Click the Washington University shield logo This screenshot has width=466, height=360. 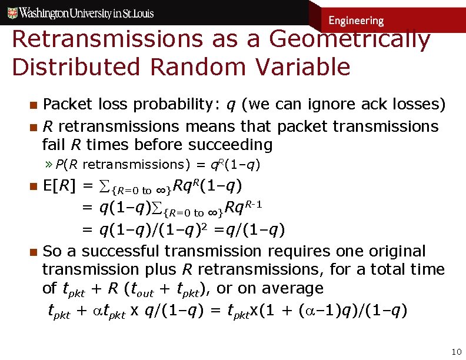coord(9,12)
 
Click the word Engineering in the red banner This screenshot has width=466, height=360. coord(356,21)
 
